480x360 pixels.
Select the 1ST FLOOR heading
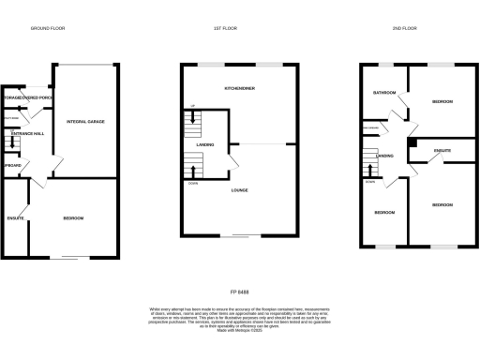(225, 29)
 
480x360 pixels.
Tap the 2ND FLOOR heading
(405, 29)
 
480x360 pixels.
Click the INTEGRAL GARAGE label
(84, 122)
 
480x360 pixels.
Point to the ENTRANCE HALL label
(24, 135)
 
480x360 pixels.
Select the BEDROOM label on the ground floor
(73, 218)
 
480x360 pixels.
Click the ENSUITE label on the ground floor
(15, 218)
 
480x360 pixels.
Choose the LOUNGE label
(241, 190)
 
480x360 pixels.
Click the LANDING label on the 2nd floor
(384, 156)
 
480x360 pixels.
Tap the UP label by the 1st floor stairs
(192, 105)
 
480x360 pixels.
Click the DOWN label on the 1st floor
(193, 184)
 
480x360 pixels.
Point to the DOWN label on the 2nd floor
(370, 183)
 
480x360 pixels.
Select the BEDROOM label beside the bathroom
(442, 100)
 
